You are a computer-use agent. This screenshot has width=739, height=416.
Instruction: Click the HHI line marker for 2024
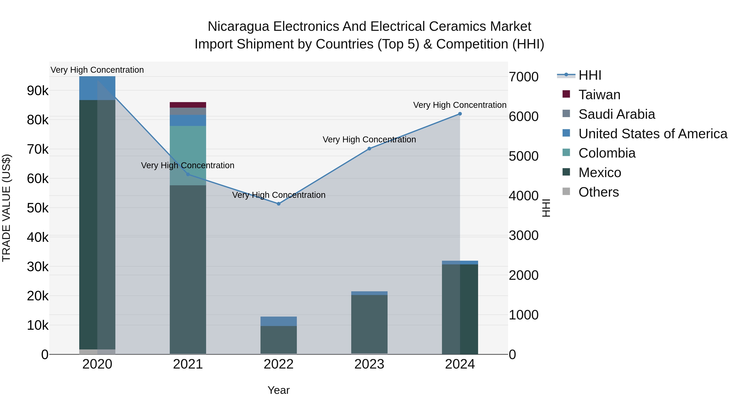click(x=460, y=114)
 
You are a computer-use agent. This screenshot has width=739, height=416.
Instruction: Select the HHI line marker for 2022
click(x=279, y=204)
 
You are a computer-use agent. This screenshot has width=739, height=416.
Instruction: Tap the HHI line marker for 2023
click(x=369, y=149)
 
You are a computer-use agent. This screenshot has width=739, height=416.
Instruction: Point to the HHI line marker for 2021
click(x=188, y=174)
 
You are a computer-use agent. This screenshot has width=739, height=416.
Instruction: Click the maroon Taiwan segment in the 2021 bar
click(x=188, y=105)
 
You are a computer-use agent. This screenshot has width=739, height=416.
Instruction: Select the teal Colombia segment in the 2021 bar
click(x=188, y=149)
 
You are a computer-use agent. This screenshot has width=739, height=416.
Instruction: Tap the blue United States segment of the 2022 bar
click(x=279, y=321)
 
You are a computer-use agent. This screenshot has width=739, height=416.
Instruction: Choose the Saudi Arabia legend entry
click(x=616, y=114)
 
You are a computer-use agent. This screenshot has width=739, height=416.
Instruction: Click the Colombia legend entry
click(x=607, y=153)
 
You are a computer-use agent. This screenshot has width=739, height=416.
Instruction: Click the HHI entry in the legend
click(x=590, y=75)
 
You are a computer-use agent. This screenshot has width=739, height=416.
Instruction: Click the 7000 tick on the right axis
click(x=523, y=77)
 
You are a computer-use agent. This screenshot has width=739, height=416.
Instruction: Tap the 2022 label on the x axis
click(x=279, y=364)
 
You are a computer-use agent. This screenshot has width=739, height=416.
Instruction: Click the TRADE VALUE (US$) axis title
click(x=6, y=208)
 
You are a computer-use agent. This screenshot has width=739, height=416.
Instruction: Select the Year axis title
click(x=279, y=390)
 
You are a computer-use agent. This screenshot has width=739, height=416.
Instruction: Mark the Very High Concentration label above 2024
click(x=460, y=105)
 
